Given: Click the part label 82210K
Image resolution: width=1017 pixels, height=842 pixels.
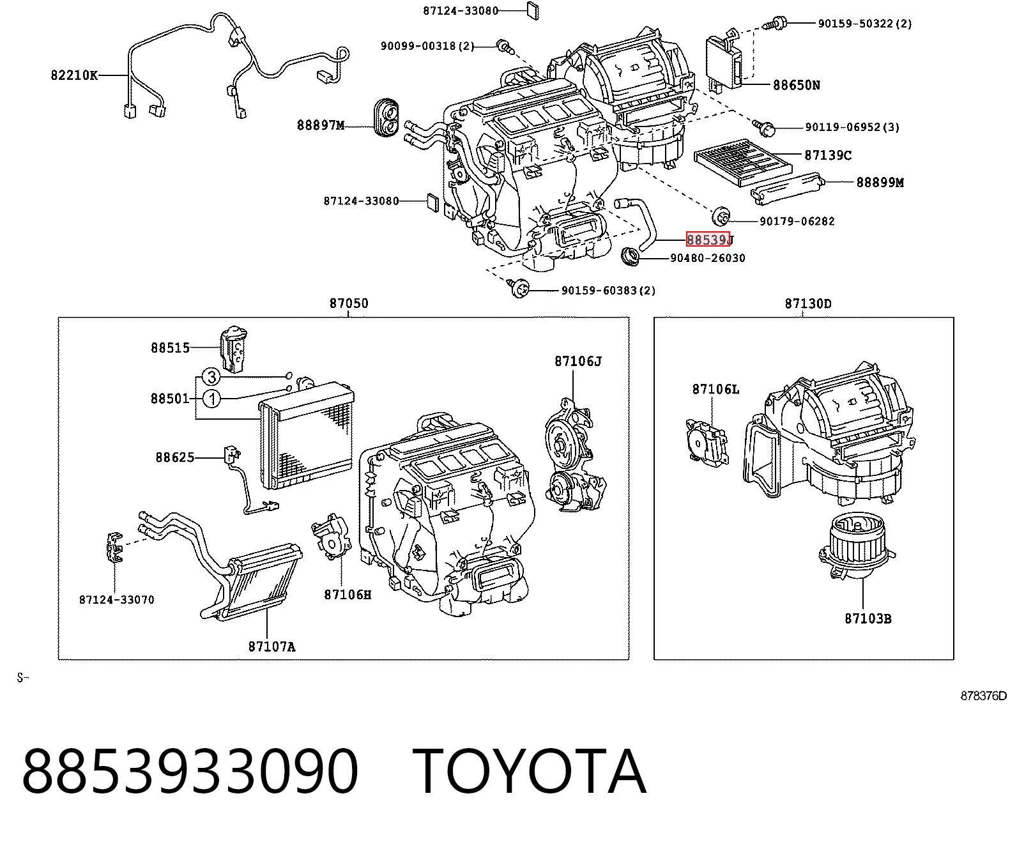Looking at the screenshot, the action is (x=74, y=75).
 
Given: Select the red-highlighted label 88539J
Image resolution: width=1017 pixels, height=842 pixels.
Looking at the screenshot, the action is (x=709, y=240).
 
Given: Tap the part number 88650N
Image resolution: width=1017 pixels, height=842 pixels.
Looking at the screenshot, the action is (x=797, y=85).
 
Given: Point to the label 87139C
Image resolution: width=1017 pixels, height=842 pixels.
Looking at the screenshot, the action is (x=828, y=155).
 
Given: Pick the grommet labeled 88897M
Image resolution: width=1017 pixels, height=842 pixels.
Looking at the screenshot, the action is (x=386, y=118).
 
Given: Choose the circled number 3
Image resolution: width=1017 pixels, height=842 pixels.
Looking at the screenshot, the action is (x=211, y=377).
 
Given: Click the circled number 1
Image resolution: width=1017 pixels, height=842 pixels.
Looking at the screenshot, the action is (x=211, y=399).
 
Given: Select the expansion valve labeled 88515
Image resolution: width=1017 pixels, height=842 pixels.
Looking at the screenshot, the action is (x=234, y=348).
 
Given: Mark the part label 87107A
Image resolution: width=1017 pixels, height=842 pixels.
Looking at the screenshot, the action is (x=271, y=647).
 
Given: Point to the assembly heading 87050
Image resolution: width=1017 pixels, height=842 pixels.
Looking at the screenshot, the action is (x=349, y=303).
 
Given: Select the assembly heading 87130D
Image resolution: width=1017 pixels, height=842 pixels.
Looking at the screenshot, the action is (x=808, y=303).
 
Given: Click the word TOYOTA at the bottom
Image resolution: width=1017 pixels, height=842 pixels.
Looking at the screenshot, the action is (x=530, y=772).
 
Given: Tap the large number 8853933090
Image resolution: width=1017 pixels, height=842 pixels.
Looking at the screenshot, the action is (x=190, y=772).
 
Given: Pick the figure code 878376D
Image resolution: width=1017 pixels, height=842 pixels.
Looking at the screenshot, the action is (x=983, y=696).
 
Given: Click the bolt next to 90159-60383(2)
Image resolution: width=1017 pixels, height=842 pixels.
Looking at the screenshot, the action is (x=518, y=288).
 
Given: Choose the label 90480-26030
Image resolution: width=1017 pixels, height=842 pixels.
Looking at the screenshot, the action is (x=708, y=258).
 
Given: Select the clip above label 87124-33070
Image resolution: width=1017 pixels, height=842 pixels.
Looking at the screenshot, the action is (x=114, y=548).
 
